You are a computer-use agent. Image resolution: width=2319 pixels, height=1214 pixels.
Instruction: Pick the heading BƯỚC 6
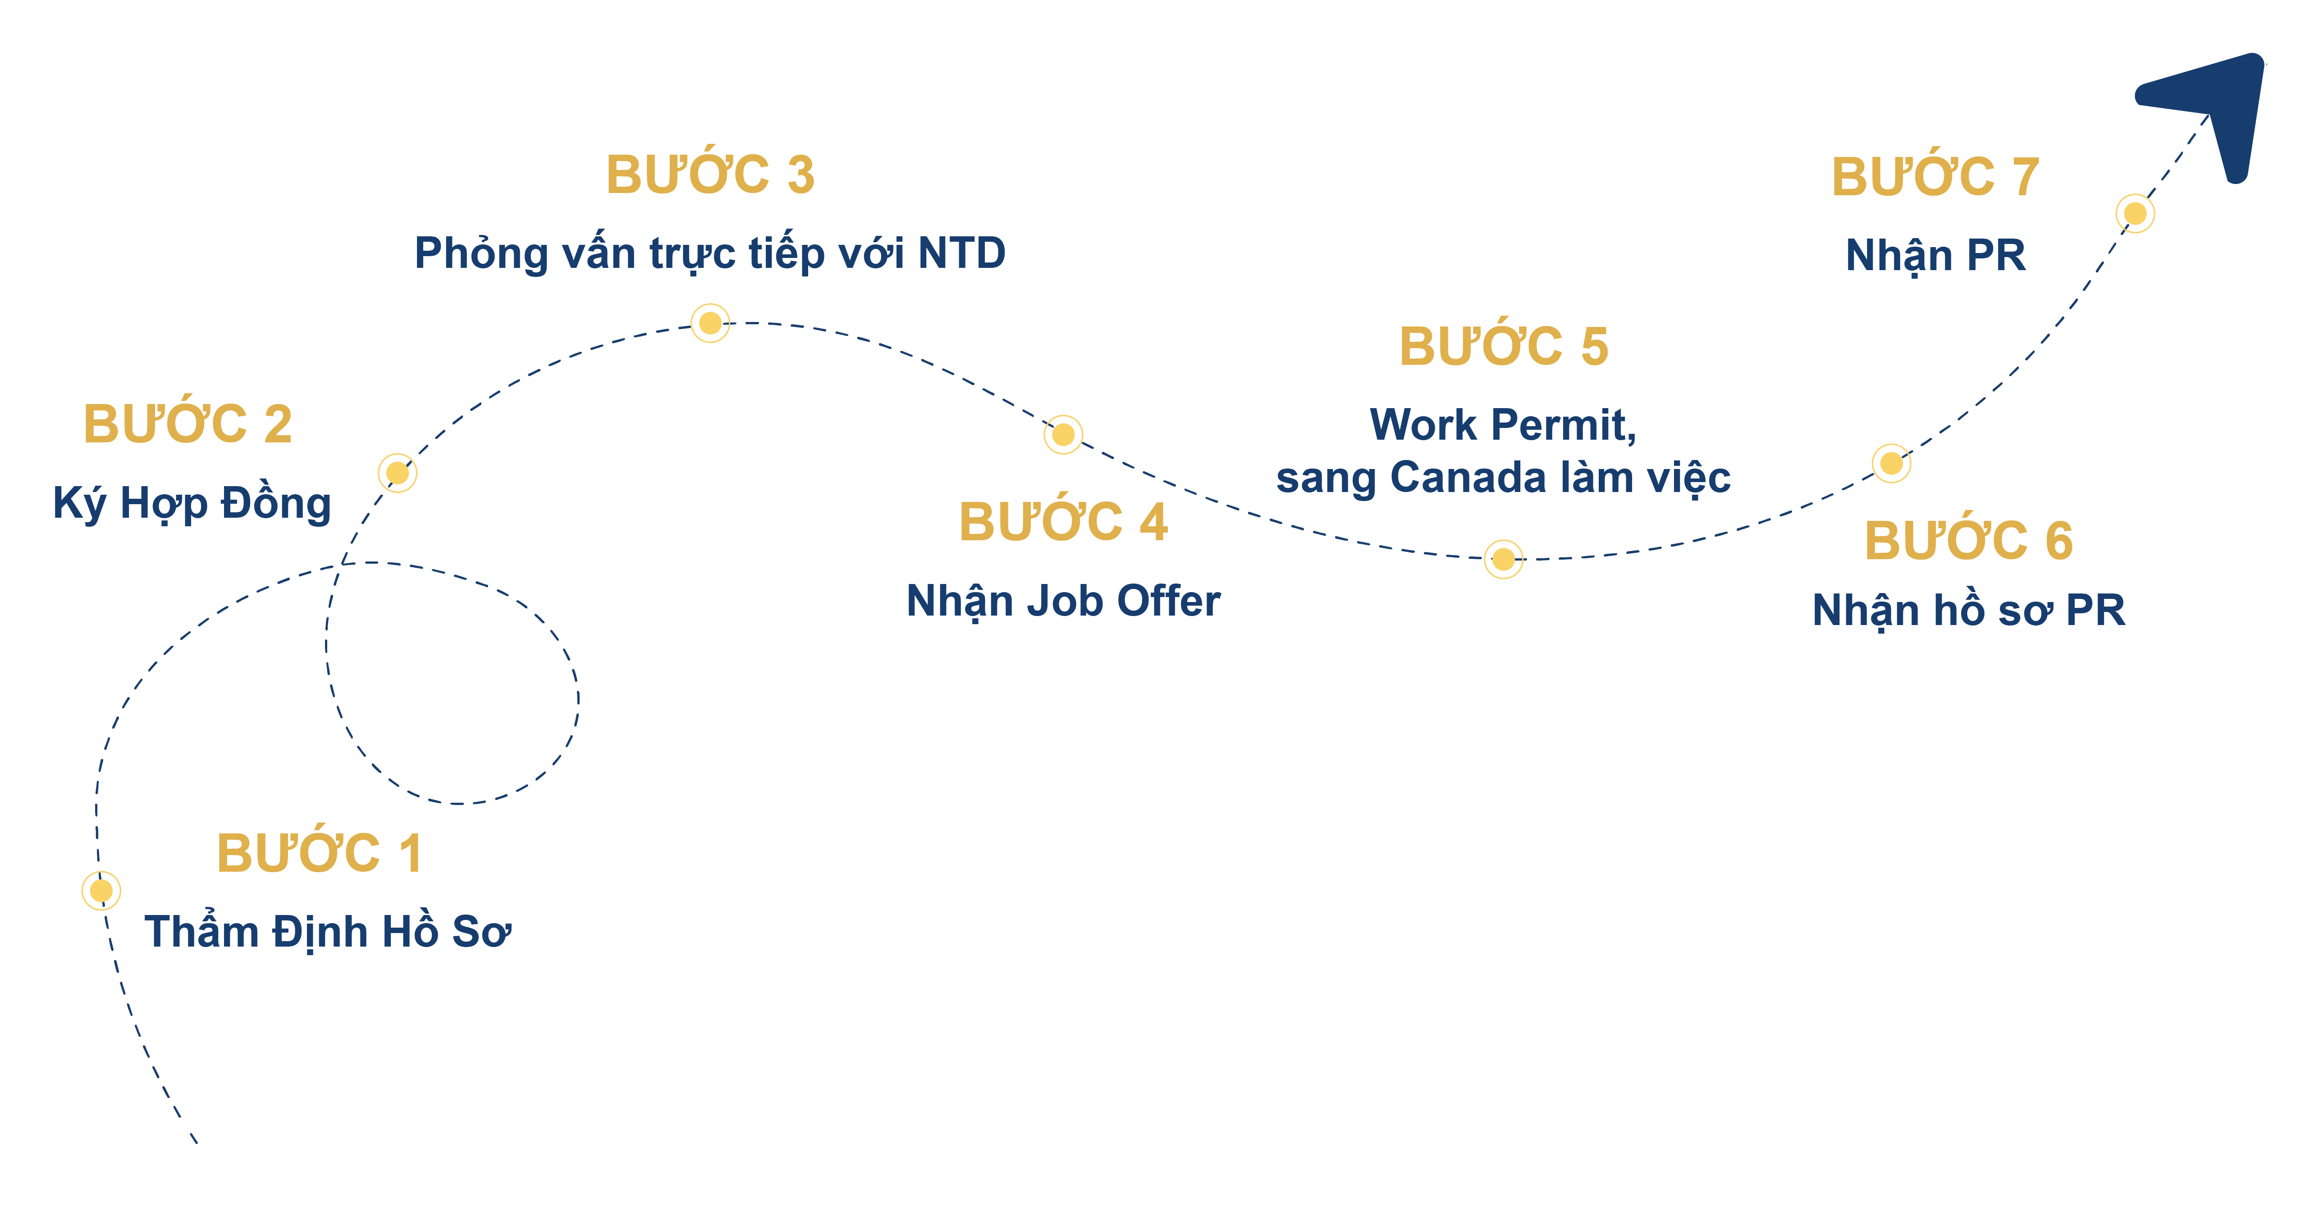click(x=1969, y=540)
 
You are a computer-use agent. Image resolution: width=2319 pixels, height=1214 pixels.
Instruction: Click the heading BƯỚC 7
click(x=1935, y=176)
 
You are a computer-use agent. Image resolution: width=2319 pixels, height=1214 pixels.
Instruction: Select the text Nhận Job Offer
click(x=1063, y=601)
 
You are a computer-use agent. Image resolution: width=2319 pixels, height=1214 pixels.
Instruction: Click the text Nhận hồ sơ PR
click(x=1969, y=611)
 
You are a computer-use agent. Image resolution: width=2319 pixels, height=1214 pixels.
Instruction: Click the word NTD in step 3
click(x=961, y=253)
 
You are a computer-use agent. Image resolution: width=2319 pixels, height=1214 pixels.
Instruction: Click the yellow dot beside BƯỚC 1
click(x=101, y=891)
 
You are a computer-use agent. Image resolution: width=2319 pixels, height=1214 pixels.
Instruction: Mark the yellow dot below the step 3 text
click(x=710, y=322)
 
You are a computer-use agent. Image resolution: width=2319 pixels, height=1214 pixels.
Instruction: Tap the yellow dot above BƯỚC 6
click(x=1891, y=463)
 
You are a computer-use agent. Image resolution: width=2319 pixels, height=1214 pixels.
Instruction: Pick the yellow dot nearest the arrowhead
click(x=2136, y=213)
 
